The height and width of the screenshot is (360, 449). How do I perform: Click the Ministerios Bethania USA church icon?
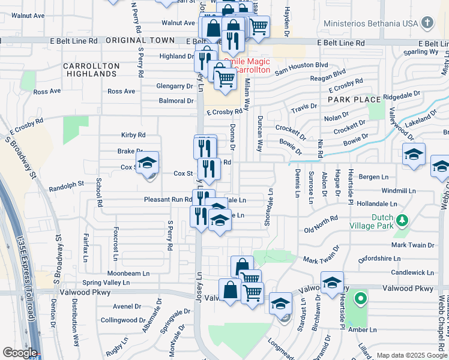pyautogui.click(x=427, y=24)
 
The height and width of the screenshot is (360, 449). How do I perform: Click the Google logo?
pyautogui.click(x=19, y=352)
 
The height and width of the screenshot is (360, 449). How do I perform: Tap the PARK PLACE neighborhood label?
pyautogui.click(x=354, y=99)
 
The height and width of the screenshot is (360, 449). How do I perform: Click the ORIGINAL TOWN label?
pyautogui.click(x=140, y=40)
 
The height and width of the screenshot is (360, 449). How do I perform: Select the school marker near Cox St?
pyautogui.click(x=147, y=163)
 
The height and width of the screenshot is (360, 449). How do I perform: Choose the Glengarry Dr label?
pyautogui.click(x=175, y=86)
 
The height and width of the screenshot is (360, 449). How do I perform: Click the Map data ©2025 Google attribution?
pyautogui.click(x=411, y=355)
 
